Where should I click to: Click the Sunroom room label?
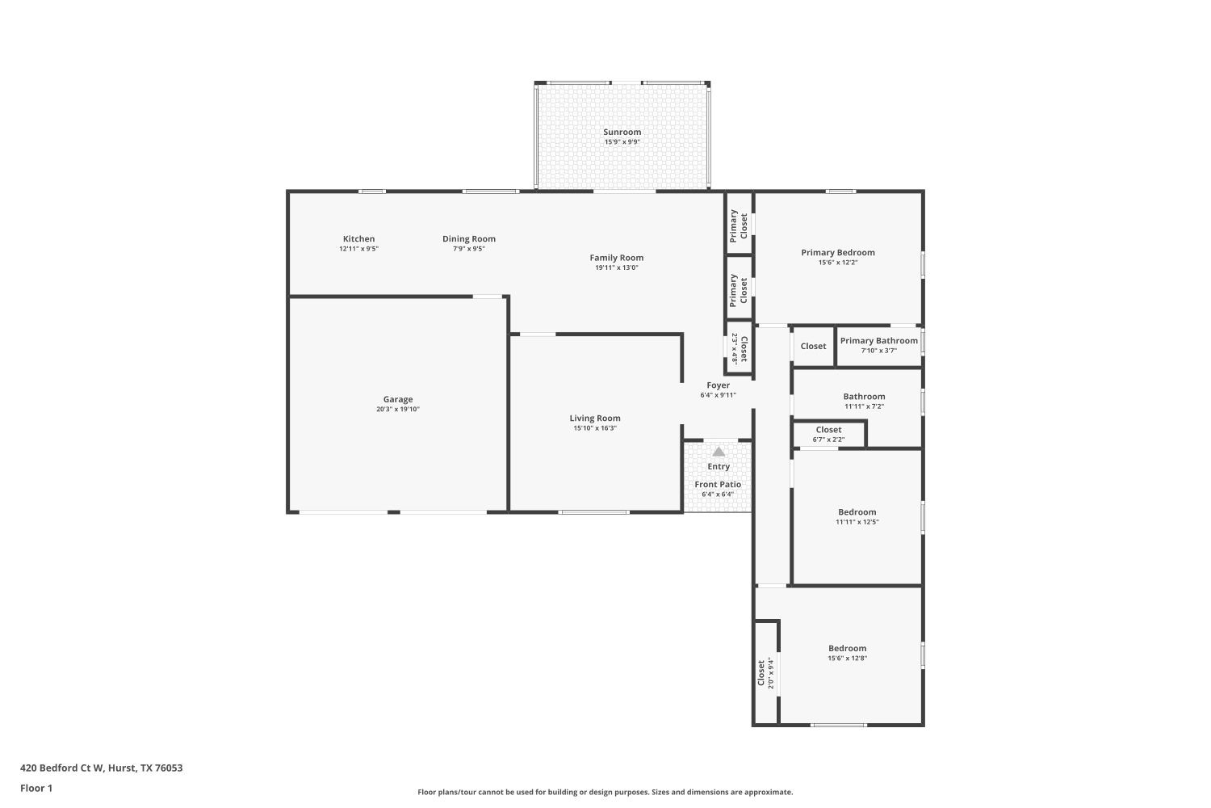pos(622,132)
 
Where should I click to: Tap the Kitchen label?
pos(358,238)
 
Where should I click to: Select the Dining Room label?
pos(468,238)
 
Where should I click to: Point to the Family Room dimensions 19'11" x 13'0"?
pos(616,267)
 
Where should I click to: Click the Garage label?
pos(398,399)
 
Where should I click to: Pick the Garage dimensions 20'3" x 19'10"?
pos(398,410)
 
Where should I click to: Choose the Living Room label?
pos(595,418)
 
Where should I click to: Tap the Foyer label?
pos(718,385)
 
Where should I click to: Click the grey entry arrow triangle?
pos(719,452)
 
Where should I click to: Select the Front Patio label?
pos(718,484)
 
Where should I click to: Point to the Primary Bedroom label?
pos(837,252)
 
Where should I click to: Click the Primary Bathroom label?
pos(878,340)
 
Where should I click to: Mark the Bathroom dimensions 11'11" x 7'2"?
pos(864,406)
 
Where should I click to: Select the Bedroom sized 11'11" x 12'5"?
pos(857,511)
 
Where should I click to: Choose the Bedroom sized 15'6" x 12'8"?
pos(847,648)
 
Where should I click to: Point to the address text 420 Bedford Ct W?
pos(101,768)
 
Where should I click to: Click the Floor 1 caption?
pos(36,788)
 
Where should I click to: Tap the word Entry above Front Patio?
pos(719,466)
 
